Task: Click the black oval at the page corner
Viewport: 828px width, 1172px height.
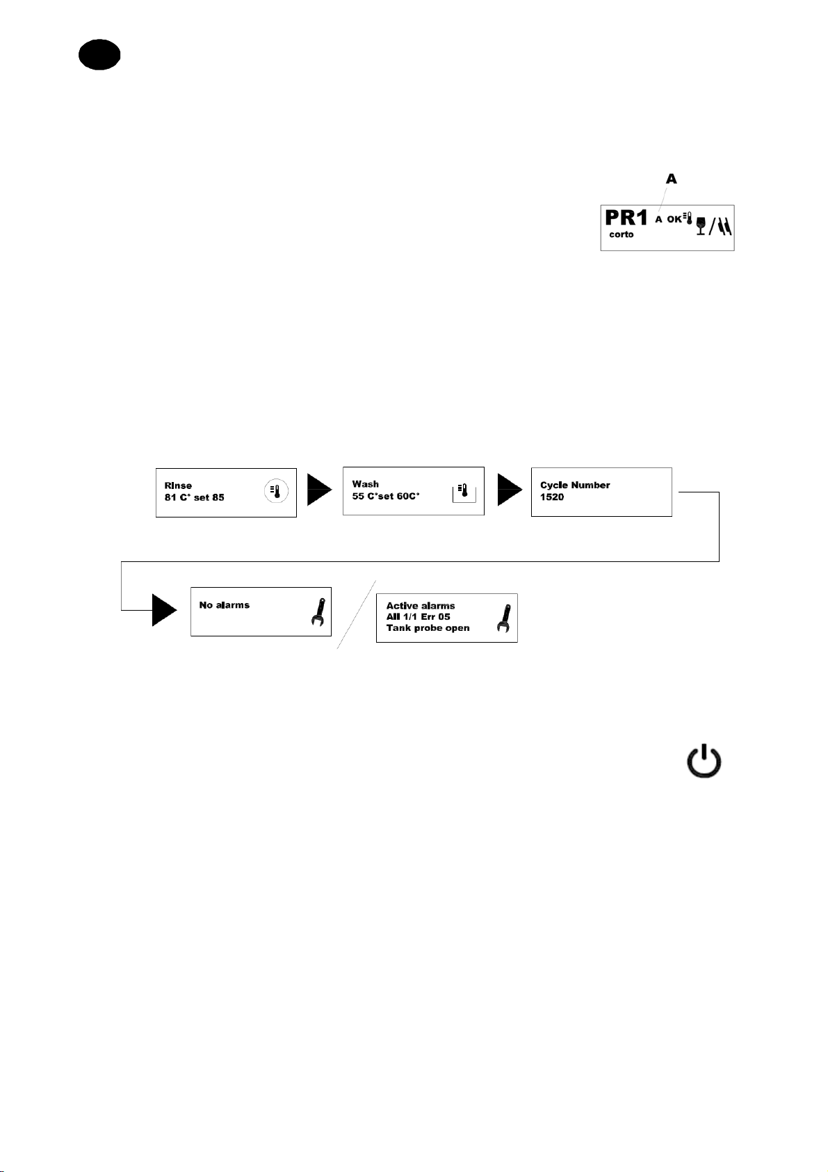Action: click(x=99, y=55)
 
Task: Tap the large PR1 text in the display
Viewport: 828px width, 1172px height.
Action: click(x=626, y=218)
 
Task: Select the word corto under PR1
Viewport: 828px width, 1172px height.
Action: click(x=622, y=234)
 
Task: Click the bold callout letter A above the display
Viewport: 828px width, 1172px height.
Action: click(x=671, y=179)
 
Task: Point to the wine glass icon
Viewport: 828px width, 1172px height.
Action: click(x=701, y=226)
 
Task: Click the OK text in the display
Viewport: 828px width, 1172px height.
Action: click(x=674, y=219)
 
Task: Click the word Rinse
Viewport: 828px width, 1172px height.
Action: click(x=178, y=485)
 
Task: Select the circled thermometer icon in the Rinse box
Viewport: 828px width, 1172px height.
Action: click(x=276, y=492)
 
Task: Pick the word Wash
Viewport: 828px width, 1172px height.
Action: click(x=365, y=484)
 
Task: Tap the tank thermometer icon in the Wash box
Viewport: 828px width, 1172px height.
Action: click(x=462, y=492)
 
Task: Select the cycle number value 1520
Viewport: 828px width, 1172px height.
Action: click(x=552, y=497)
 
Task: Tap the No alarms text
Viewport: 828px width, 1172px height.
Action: click(x=224, y=605)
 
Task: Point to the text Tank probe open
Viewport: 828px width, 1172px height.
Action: click(x=428, y=628)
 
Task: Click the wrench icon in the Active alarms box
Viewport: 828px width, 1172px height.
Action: click(x=503, y=618)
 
